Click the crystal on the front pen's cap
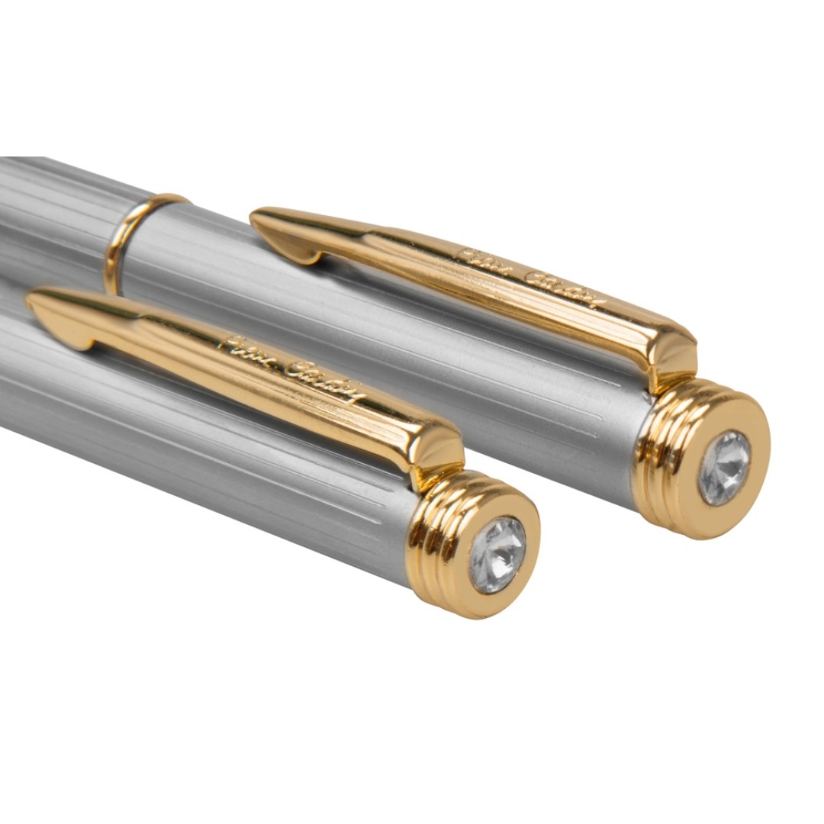point(497,555)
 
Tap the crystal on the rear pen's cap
point(724,468)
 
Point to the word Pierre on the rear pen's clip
point(481,259)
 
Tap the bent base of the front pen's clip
point(439,450)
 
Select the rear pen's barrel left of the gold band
point(53,206)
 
